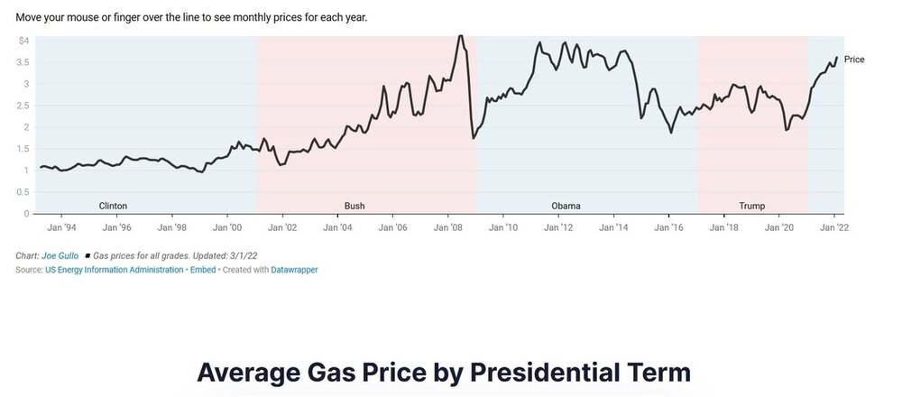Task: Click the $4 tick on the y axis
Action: tap(23, 41)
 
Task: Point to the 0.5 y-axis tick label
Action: tap(22, 192)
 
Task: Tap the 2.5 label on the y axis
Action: tap(22, 106)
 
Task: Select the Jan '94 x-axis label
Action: tap(62, 228)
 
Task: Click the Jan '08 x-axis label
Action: tap(448, 228)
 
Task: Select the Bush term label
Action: tap(354, 206)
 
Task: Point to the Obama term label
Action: tap(566, 206)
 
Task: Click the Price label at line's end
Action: tap(854, 60)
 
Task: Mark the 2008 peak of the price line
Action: tap(460, 37)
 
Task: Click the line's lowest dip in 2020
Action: tap(787, 129)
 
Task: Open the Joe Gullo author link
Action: tap(60, 256)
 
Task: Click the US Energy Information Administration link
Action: tap(114, 270)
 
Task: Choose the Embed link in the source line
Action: tap(202, 270)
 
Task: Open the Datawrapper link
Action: tap(294, 270)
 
